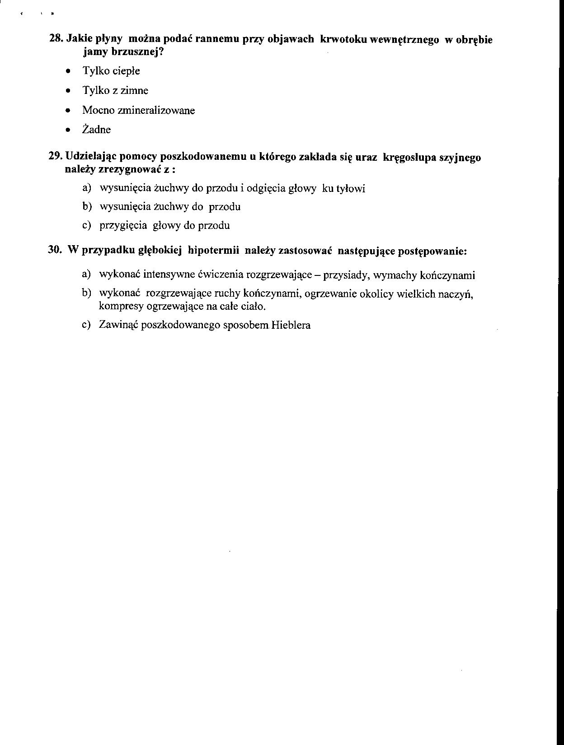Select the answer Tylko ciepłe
pyautogui.click(x=111, y=71)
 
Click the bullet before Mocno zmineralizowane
pyautogui.click(x=68, y=110)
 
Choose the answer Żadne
pyautogui.click(x=96, y=130)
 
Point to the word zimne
pyautogui.click(x=134, y=90)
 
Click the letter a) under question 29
pyautogui.click(x=87, y=187)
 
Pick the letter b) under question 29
pyautogui.click(x=87, y=206)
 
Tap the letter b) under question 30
pyautogui.click(x=87, y=293)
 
